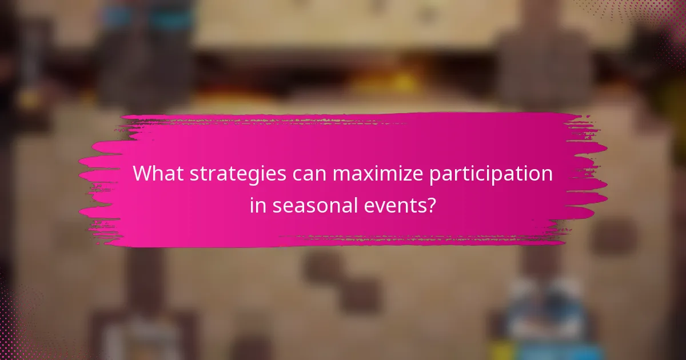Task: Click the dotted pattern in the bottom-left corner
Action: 23,331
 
